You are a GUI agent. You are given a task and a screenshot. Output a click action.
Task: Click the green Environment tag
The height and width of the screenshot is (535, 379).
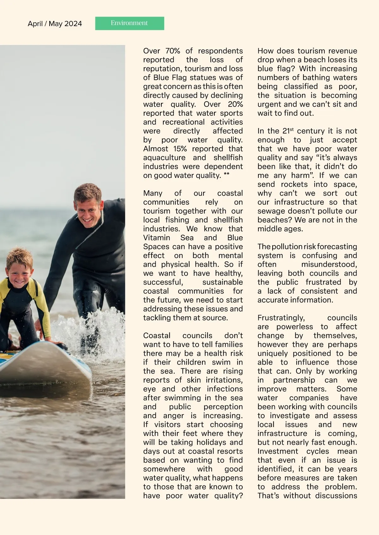(129, 23)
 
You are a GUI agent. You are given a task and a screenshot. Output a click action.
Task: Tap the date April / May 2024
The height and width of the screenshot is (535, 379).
(55, 24)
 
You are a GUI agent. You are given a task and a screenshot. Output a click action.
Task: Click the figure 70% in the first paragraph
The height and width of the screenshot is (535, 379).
(172, 51)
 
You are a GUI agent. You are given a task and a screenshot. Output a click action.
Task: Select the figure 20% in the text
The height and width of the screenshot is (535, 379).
(235, 104)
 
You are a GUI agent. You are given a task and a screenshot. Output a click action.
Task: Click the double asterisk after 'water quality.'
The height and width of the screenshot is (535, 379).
(226, 175)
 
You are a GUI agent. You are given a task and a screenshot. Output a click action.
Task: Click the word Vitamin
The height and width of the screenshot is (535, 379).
(157, 238)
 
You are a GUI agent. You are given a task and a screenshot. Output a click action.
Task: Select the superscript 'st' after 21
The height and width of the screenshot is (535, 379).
(292, 129)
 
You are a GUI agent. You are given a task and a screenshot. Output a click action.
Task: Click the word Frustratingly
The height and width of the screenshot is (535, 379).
(281, 318)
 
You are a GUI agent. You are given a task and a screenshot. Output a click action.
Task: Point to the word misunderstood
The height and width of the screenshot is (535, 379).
(329, 264)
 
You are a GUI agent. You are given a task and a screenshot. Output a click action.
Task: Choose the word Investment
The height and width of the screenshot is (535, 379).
(278, 451)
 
